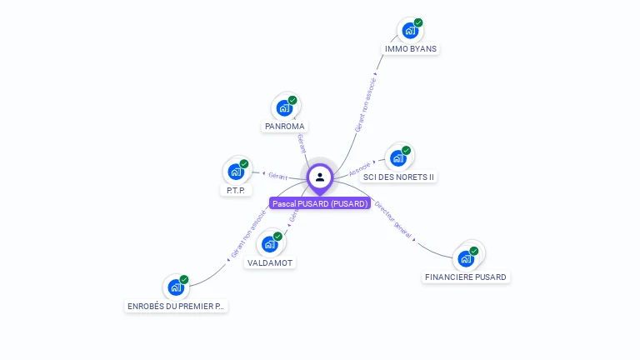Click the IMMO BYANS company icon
pos(408,31)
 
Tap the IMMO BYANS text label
pos(411,48)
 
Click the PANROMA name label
pos(285,127)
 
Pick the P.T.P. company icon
pos(235,172)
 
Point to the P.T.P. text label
pos(235,190)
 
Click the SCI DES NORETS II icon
pos(397,158)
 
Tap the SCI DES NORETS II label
pos(399,177)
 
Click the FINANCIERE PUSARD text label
pos(466,277)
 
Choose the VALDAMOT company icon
pos(269,244)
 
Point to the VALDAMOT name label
pos(271,262)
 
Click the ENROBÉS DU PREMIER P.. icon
pos(175,287)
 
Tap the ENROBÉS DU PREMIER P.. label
pos(176,306)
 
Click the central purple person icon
pos(320,177)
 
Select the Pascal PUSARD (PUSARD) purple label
pos(320,203)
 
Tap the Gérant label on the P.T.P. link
pos(277,176)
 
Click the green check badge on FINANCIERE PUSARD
pos(473,251)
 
